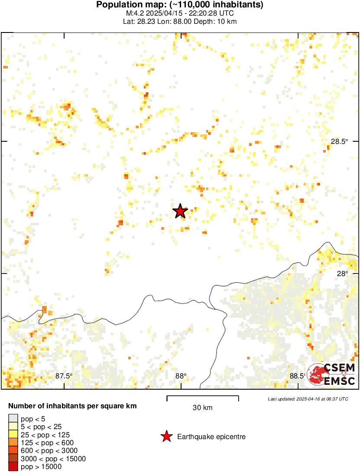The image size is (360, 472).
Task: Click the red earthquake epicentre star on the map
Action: coord(180,211)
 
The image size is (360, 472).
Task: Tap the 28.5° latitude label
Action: coord(339,141)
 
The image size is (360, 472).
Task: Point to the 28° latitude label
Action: coord(343,273)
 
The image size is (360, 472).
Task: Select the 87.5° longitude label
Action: coord(64,376)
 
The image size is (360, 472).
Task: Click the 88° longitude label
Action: coord(181,376)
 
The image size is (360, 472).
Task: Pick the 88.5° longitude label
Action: coord(297,376)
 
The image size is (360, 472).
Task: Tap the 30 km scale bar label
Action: coord(203,407)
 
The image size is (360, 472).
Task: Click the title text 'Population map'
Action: coord(128,5)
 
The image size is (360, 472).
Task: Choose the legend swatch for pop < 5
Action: coord(13,419)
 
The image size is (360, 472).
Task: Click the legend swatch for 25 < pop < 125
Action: coord(13,435)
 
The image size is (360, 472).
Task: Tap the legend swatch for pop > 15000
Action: coord(13,466)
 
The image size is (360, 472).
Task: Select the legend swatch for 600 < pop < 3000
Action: coord(13,451)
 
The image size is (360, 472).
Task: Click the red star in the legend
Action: coord(166,436)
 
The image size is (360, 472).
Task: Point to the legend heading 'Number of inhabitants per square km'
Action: coord(73,406)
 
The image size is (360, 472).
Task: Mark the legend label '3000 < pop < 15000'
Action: coord(53,459)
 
